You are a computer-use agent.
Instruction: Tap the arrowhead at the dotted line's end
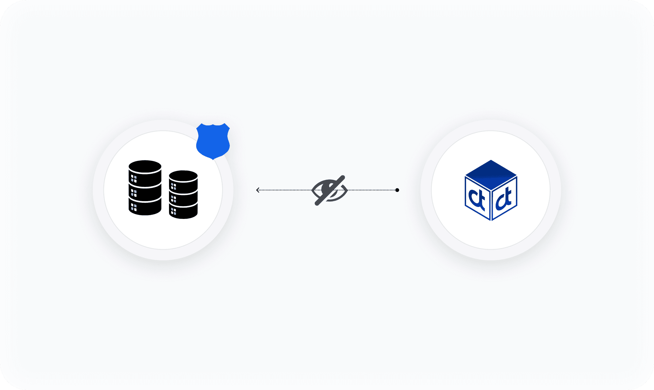pos(258,190)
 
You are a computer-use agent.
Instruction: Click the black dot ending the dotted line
pos(397,190)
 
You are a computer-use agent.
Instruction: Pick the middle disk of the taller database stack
pos(145,192)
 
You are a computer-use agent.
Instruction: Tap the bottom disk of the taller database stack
pos(145,207)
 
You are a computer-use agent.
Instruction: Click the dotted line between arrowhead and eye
pos(284,190)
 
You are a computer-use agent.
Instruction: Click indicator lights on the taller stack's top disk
pos(134,179)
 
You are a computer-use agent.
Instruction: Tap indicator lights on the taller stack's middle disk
pos(134,193)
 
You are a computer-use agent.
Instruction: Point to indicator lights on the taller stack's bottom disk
pos(134,207)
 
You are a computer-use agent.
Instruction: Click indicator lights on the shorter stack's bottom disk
pos(173,211)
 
